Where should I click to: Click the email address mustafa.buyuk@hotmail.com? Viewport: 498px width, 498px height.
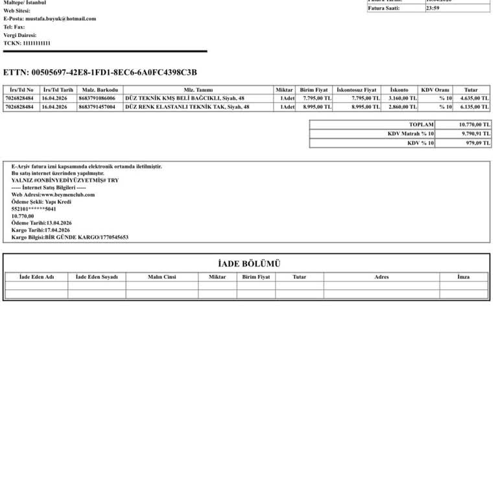[x=65, y=19]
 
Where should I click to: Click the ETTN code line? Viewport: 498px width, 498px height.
[x=100, y=73]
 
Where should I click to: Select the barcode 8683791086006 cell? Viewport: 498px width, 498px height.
[x=97, y=99]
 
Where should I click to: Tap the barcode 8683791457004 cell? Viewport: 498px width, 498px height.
[x=97, y=107]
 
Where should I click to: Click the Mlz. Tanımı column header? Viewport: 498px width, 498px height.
[x=198, y=90]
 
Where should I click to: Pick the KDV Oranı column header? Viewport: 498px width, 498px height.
[x=435, y=90]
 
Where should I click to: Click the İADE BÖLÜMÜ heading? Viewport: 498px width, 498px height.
[x=249, y=264]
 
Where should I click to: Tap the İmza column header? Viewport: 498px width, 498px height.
[x=463, y=277]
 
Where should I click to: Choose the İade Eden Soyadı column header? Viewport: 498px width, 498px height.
[x=97, y=277]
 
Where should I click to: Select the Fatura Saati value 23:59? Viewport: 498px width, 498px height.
[x=433, y=8]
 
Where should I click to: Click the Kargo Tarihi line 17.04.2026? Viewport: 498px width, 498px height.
[x=40, y=230]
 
